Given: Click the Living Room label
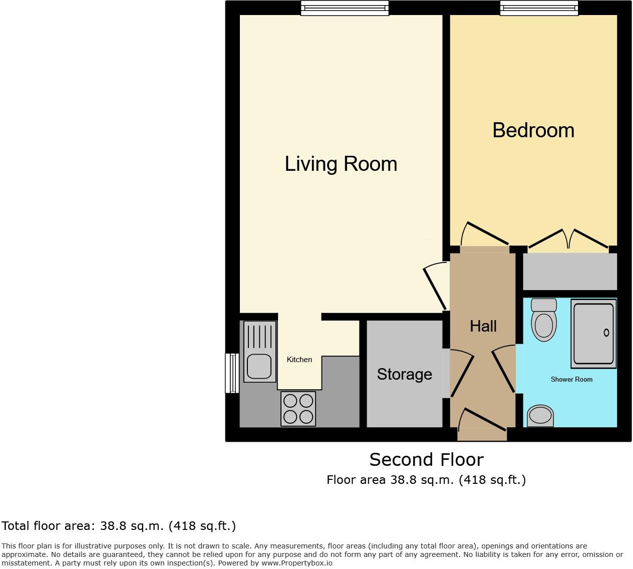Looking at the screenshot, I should (x=341, y=164).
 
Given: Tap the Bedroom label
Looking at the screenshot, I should (x=533, y=130).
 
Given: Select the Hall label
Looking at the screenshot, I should (x=483, y=326).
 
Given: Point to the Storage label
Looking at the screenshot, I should (x=404, y=374).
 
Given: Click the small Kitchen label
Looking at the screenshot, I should (x=299, y=360).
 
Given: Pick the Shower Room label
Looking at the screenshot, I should (x=571, y=379).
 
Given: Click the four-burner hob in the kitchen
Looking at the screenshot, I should (x=298, y=409).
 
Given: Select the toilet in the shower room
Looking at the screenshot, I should (x=544, y=321).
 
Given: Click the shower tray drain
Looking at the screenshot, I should (x=606, y=333).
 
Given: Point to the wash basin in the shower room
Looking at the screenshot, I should (x=540, y=416).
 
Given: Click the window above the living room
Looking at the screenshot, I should (x=345, y=8).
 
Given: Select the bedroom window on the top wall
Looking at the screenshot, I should (x=539, y=8).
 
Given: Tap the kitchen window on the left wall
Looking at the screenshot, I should (x=232, y=373).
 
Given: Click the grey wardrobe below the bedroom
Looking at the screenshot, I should (x=570, y=271).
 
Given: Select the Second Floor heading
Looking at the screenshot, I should (x=426, y=459).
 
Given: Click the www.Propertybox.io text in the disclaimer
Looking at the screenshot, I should (x=296, y=563).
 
